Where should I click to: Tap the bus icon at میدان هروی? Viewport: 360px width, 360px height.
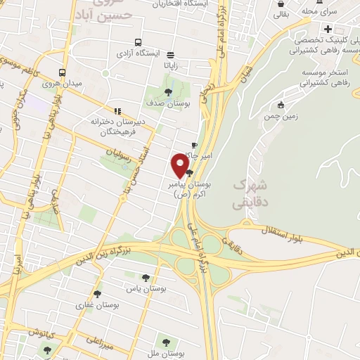point(63,72)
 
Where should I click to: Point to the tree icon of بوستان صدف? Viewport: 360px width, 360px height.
point(167,91)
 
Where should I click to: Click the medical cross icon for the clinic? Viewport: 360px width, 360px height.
point(328,29)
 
